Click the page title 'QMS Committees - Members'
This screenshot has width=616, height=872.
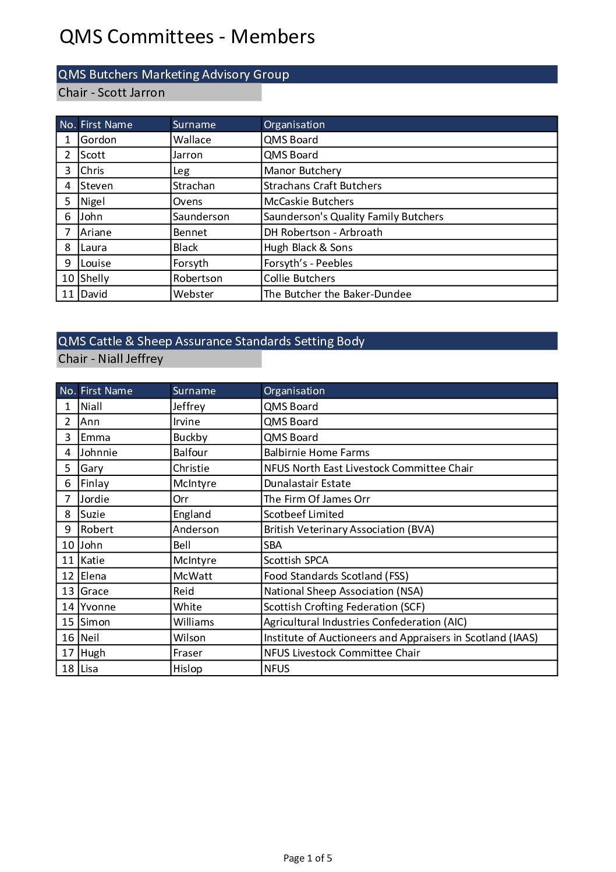point(187,37)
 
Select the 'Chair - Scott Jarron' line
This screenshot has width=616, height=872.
point(111,93)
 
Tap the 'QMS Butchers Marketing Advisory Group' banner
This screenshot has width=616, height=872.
point(174,75)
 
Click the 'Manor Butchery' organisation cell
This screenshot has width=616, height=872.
point(302,171)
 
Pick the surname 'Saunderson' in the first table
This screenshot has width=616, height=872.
point(201,217)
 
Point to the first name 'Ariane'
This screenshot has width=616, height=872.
point(96,232)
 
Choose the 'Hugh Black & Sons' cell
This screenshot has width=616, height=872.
point(308,248)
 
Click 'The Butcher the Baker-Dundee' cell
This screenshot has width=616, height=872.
point(337,294)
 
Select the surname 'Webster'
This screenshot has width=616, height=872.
point(193,294)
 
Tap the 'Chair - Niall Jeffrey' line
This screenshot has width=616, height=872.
point(111,359)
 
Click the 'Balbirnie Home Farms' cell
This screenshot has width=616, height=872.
point(316,453)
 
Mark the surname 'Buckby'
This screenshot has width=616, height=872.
point(190,437)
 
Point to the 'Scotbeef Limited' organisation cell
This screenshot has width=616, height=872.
point(303,514)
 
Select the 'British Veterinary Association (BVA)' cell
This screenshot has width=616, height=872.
point(349,529)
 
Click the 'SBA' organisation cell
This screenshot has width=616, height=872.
point(272,545)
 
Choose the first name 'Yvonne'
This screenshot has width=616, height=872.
point(98,607)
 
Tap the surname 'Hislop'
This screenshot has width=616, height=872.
point(187,669)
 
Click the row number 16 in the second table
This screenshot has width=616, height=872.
point(68,638)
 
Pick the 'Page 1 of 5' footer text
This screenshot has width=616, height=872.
point(307,858)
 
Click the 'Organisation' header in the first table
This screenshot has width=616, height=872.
point(294,125)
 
